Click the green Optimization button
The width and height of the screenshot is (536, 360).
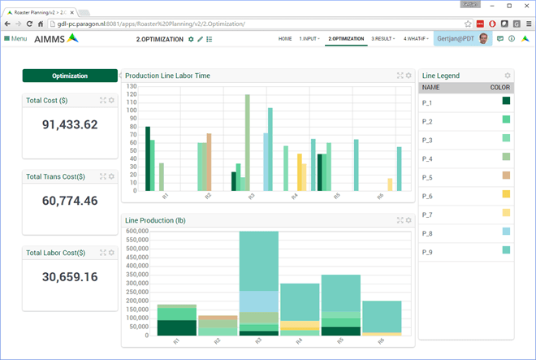(70, 76)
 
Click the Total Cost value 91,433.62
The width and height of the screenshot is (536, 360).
(70, 124)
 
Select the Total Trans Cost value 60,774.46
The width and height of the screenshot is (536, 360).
(70, 201)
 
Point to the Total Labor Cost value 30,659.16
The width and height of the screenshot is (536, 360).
(70, 277)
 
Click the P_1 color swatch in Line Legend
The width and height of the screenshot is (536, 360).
(506, 101)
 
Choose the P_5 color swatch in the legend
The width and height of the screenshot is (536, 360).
(506, 176)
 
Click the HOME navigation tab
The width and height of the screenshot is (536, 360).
(285, 39)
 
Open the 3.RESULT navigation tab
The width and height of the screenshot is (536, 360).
(384, 39)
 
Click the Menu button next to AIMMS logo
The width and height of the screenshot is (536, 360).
(15, 39)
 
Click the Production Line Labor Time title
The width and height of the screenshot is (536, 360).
(167, 76)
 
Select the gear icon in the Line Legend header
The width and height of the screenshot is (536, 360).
(508, 76)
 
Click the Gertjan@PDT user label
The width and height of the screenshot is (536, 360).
(456, 39)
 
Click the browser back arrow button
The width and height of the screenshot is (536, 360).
(8, 24)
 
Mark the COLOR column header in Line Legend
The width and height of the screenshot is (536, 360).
(500, 87)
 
